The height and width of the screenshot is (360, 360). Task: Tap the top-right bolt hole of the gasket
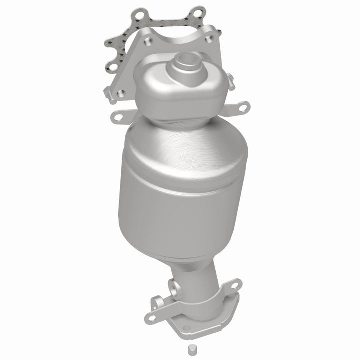tap(198, 11)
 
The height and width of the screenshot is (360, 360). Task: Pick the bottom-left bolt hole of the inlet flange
tap(120, 93)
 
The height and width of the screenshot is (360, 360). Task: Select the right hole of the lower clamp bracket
tap(233, 285)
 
